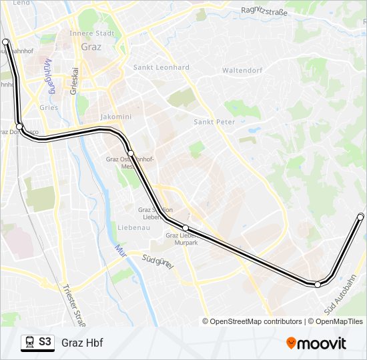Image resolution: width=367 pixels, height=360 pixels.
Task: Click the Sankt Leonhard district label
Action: tap(161, 67)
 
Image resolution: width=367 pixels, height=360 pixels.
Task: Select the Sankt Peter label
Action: tap(214, 122)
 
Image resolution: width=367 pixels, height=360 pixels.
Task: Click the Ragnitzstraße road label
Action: tap(265, 11)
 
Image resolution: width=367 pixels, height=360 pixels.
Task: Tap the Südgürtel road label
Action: tap(159, 261)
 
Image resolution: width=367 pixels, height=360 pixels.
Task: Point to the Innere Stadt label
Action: tap(92, 33)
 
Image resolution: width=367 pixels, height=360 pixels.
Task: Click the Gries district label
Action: tap(49, 107)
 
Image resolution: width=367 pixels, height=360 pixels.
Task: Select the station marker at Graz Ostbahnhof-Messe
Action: tap(131, 154)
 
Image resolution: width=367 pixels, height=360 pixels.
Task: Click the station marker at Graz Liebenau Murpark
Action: tap(186, 228)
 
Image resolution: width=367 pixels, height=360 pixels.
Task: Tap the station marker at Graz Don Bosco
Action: tap(20, 127)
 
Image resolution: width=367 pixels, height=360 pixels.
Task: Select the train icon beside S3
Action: tap(29, 342)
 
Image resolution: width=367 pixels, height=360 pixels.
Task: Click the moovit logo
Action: tap(316, 343)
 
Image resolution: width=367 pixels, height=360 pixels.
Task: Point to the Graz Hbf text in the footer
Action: tap(82, 343)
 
